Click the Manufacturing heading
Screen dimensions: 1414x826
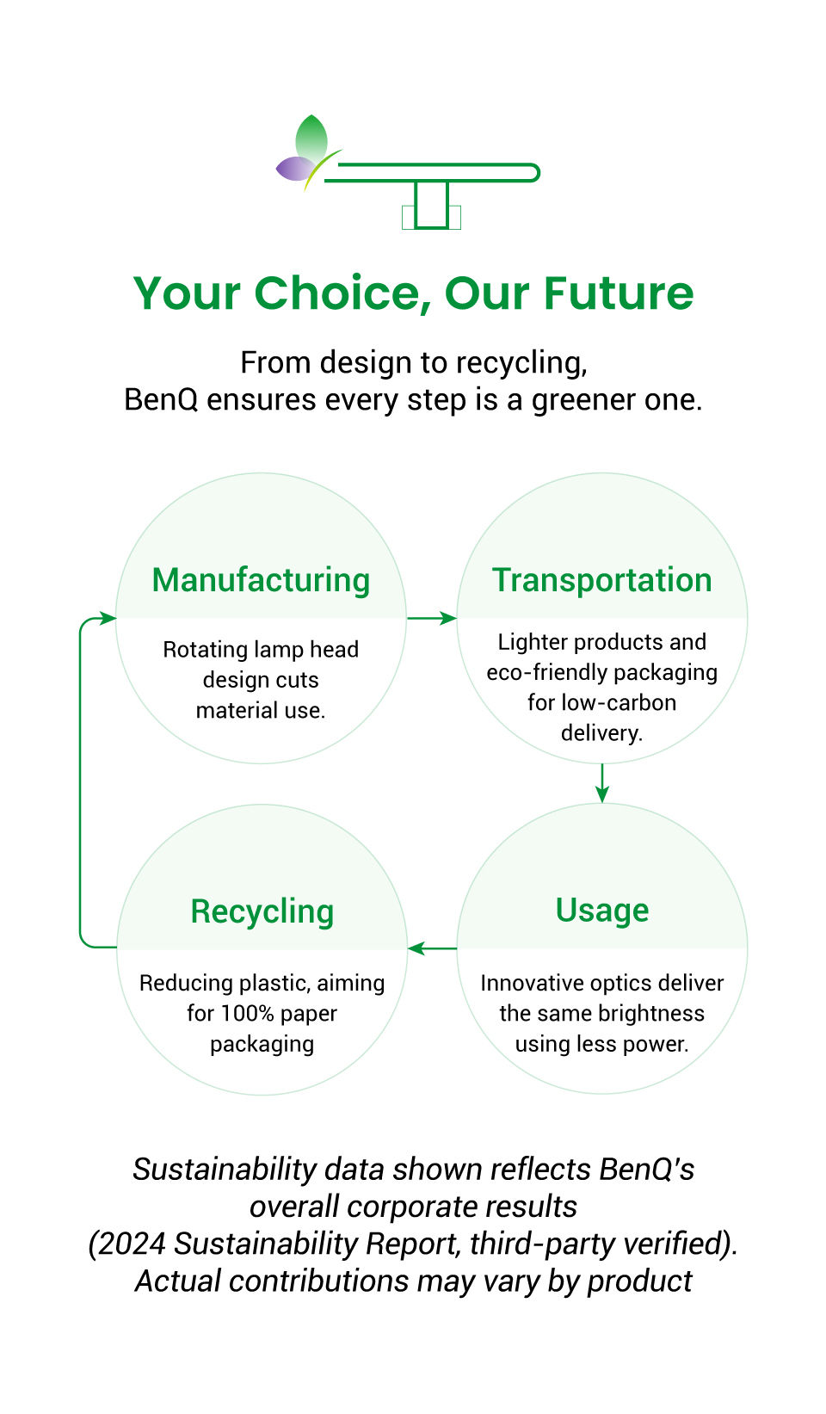click(261, 580)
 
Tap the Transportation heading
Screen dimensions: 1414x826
click(601, 580)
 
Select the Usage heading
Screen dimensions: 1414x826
click(601, 911)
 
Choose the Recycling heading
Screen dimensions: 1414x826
click(262, 911)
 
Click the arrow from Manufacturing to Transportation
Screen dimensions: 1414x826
click(431, 618)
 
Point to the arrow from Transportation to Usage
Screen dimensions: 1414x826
click(601, 782)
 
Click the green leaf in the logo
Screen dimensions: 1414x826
click(311, 138)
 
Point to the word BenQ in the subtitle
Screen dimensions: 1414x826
click(160, 400)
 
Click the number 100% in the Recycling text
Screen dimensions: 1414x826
click(249, 1013)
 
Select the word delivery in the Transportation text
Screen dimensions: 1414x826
click(601, 733)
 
